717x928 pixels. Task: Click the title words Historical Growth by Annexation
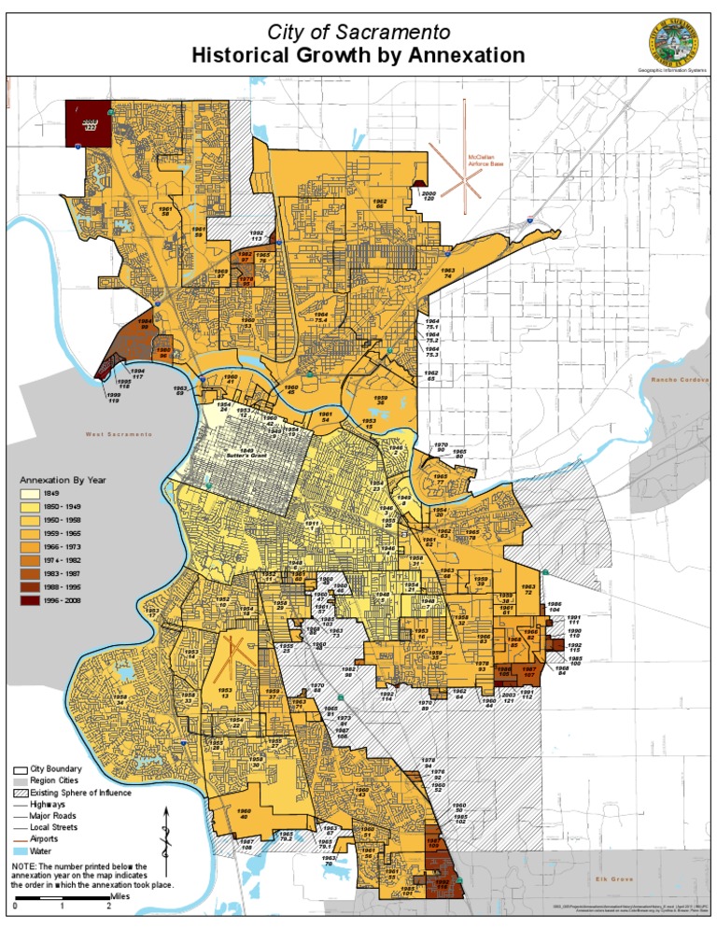[x=358, y=56]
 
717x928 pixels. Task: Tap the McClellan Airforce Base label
[x=486, y=160]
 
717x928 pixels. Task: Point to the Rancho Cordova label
[x=680, y=380]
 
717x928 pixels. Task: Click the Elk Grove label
[x=614, y=879]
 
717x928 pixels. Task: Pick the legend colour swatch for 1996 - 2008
[x=30, y=600]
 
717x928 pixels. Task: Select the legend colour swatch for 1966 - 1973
[x=30, y=546]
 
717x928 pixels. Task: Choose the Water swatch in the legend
[x=20, y=851]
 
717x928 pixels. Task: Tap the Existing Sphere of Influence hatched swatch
[x=20, y=793]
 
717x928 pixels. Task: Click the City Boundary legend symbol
[x=20, y=767]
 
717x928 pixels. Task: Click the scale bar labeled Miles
[x=62, y=899]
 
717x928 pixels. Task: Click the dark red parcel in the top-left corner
[x=88, y=124]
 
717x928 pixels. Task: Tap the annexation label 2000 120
[x=429, y=196]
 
